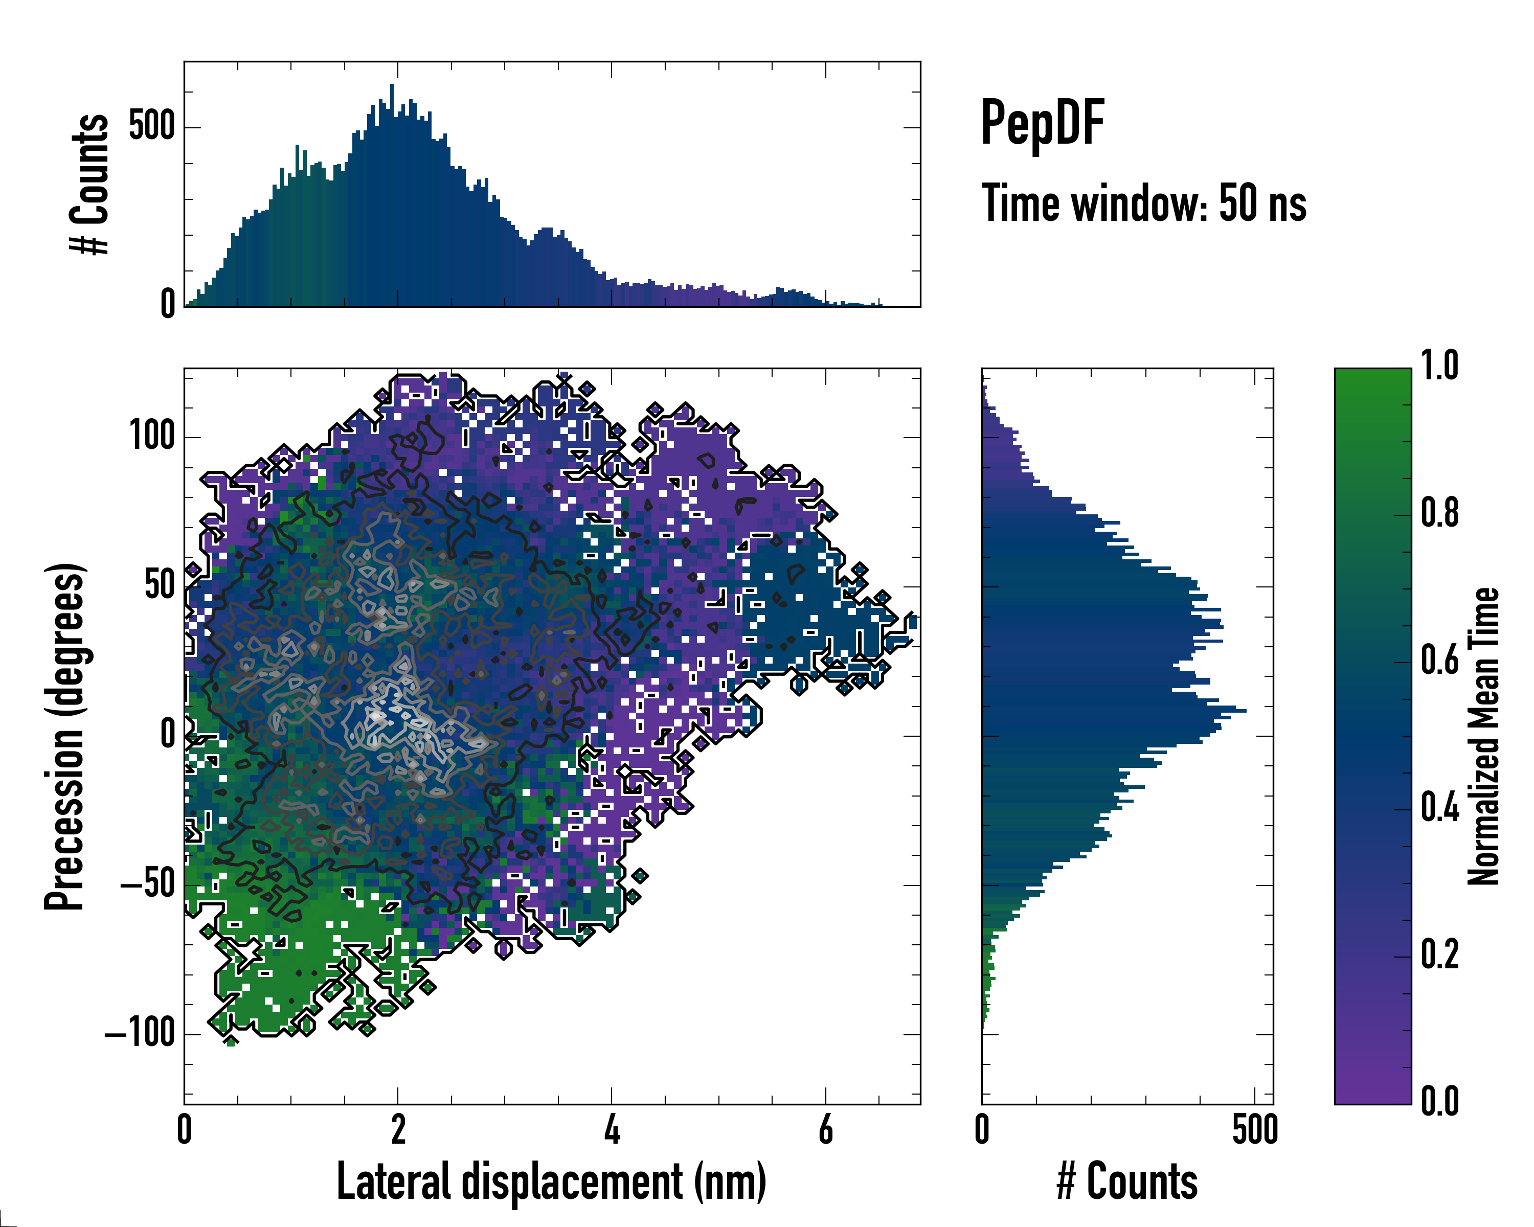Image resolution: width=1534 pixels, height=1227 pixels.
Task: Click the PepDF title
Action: click(x=1042, y=123)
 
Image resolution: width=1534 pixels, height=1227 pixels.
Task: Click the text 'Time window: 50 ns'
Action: click(x=1143, y=203)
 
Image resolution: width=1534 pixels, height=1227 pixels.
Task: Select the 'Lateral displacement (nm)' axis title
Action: click(x=551, y=1181)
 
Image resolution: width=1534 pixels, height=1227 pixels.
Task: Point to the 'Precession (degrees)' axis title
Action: click(x=65, y=736)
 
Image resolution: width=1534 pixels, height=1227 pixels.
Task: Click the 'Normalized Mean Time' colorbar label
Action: click(x=1483, y=736)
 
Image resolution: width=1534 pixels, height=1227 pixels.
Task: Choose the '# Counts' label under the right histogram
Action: click(x=1127, y=1181)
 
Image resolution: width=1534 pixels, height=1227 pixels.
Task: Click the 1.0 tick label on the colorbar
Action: click(x=1439, y=367)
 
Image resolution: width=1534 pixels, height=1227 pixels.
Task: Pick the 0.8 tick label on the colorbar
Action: click(x=1439, y=514)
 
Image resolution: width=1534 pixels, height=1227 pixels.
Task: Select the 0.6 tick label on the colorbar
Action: click(x=1439, y=661)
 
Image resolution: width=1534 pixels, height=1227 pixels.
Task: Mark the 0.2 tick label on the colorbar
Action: click(x=1439, y=956)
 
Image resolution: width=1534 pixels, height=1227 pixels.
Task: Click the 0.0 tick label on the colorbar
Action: click(x=1439, y=1102)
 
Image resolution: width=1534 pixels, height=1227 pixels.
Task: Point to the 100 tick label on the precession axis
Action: click(x=152, y=436)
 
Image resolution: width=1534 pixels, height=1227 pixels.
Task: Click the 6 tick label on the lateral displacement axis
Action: click(x=825, y=1129)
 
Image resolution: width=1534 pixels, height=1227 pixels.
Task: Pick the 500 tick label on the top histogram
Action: click(x=152, y=127)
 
